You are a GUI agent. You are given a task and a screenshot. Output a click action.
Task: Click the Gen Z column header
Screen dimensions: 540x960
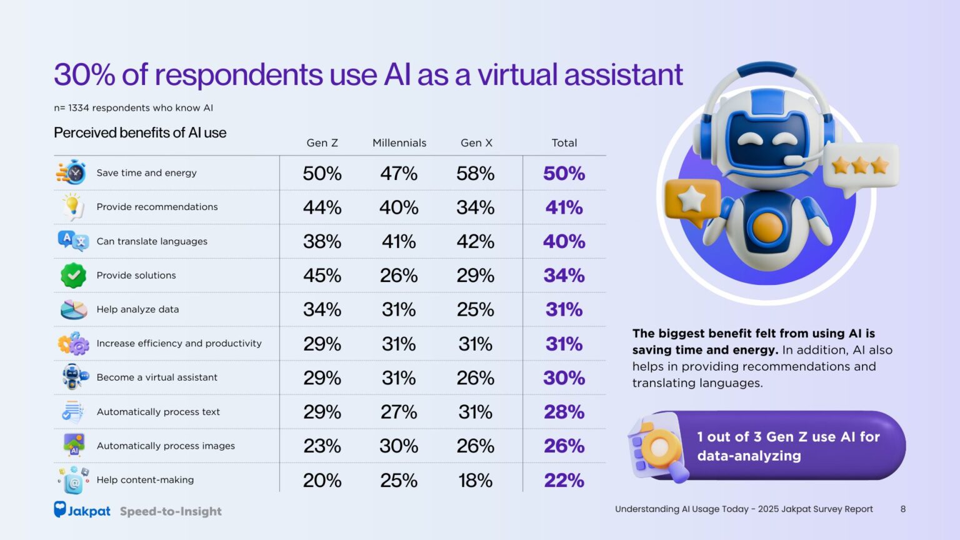[x=322, y=143]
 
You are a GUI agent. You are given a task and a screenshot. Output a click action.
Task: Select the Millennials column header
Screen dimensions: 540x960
[x=399, y=143]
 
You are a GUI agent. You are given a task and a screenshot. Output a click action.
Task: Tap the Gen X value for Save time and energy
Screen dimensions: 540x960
[x=475, y=173]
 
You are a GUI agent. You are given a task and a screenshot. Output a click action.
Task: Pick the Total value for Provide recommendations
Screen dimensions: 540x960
[x=564, y=207]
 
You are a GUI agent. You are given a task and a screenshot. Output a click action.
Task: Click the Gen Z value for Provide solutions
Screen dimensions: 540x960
[x=322, y=276]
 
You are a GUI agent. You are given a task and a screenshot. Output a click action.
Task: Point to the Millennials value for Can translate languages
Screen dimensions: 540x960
[x=399, y=241]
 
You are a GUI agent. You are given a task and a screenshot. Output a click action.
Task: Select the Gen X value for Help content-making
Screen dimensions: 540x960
[x=475, y=481]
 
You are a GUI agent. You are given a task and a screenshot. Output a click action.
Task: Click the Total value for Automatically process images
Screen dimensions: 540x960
[x=564, y=446]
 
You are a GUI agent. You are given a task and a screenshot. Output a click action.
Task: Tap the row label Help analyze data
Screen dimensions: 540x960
[x=137, y=309]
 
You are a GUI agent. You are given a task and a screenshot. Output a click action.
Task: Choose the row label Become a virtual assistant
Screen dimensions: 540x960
[x=157, y=377]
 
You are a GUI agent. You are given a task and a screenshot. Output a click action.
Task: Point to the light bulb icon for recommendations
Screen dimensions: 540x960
[x=72, y=206]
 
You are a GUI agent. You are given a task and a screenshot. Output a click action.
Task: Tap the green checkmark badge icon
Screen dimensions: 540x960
[x=73, y=275]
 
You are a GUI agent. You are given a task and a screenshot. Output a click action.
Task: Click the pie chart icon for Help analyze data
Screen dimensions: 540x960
[x=73, y=309]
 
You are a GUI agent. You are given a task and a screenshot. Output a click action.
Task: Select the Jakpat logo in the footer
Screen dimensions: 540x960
[x=82, y=511]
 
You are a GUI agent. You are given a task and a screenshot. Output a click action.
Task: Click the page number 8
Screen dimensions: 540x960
[x=902, y=509]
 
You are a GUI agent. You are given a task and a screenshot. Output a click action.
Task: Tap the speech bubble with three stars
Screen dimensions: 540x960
[x=860, y=166]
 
